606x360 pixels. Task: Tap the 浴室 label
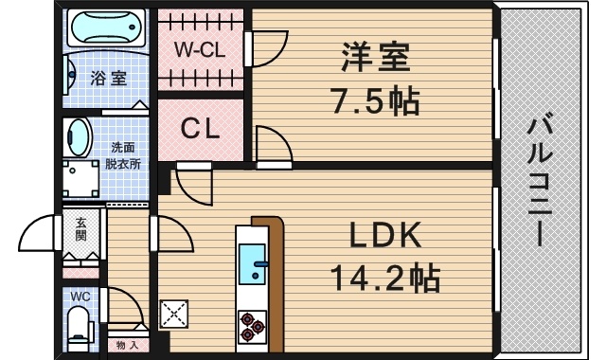[108, 78]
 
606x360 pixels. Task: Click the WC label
[80, 297]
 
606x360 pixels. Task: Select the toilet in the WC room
[79, 330]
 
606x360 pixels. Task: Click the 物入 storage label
[126, 346]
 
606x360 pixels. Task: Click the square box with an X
[175, 313]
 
